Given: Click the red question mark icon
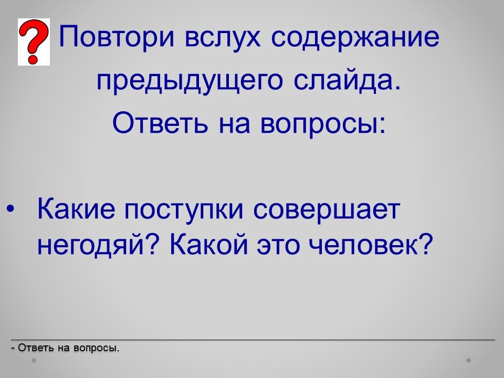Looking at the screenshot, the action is pyautogui.click(x=34, y=42).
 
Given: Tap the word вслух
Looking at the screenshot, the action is pyautogui.click(x=223, y=38).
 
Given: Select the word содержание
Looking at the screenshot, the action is pyautogui.click(x=355, y=36).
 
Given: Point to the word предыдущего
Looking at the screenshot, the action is pyautogui.click(x=190, y=81).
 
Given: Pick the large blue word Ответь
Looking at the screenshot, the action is pyautogui.click(x=161, y=123).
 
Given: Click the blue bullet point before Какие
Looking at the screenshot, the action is pyautogui.click(x=10, y=209).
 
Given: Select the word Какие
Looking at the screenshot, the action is pyautogui.click(x=76, y=209).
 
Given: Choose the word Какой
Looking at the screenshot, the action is pyautogui.click(x=209, y=244).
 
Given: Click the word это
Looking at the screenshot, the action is pyautogui.click(x=278, y=246).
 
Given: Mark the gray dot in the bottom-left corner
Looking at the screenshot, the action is pyautogui.click(x=34, y=360).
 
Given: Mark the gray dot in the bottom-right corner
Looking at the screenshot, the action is pyautogui.click(x=469, y=360).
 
